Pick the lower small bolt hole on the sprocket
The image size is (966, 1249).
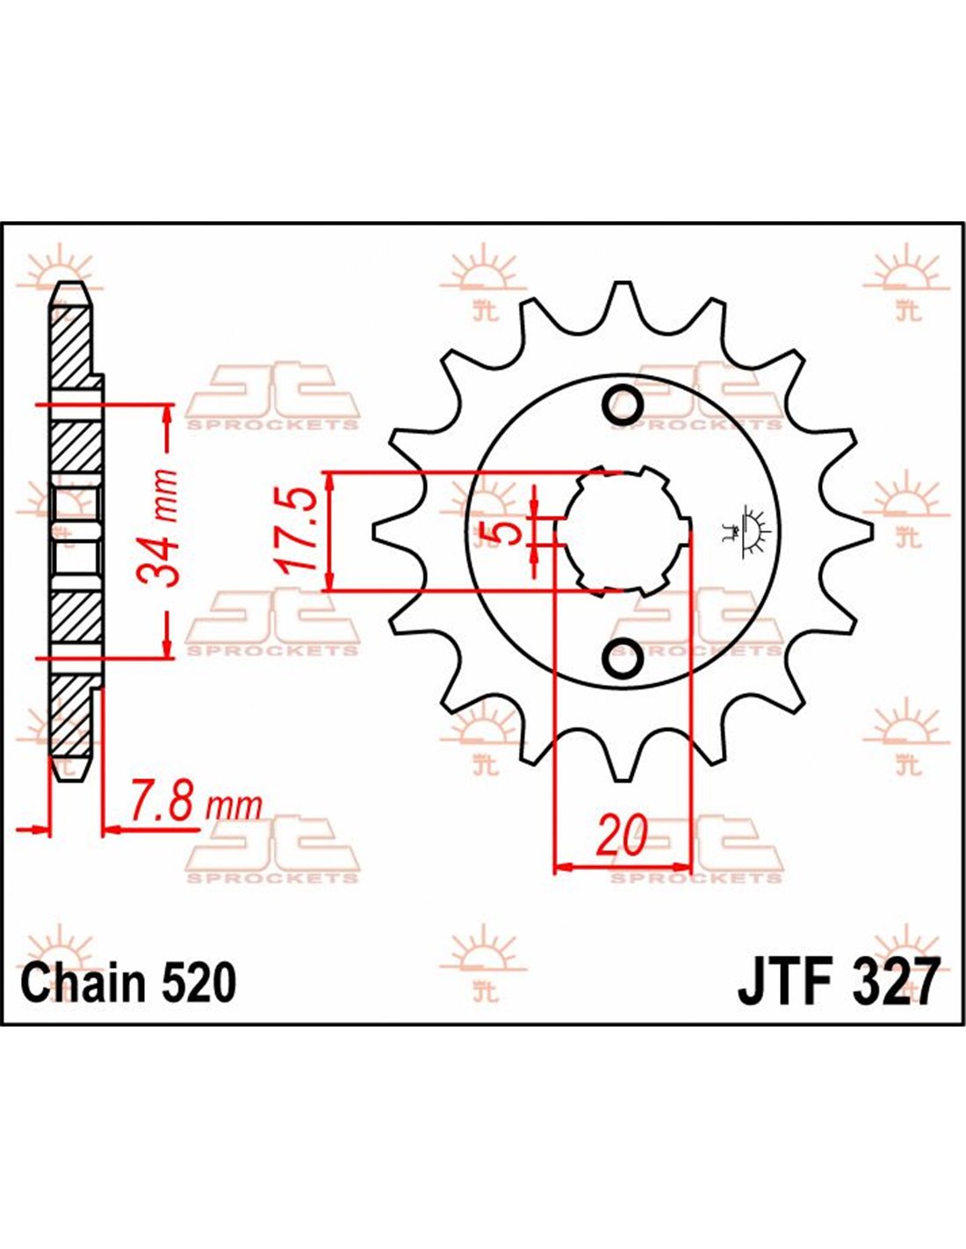623,656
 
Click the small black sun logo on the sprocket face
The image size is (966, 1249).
747,530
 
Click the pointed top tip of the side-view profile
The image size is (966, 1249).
70,283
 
